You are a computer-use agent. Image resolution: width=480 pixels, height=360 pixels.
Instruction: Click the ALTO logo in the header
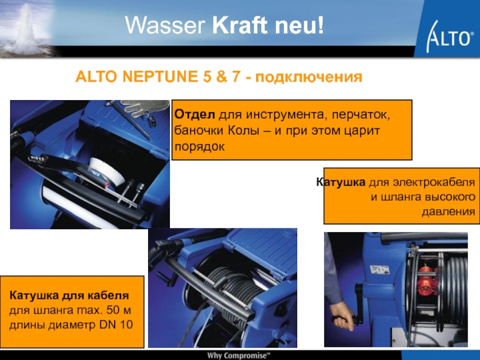coord(448,36)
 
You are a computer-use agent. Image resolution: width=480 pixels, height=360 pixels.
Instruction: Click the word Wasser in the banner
coord(165,25)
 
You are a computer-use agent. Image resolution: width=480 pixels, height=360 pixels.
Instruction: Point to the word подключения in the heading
coord(308,77)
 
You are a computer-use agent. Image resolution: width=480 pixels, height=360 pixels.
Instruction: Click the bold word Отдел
coord(194,115)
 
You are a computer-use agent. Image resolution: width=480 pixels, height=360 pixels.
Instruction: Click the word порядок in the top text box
coord(200,146)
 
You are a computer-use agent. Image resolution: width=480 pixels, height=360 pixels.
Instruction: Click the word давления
coord(448,211)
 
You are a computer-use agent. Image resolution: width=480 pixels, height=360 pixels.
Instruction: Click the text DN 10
coord(116,325)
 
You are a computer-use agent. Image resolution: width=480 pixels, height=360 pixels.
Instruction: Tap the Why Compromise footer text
coord(239,355)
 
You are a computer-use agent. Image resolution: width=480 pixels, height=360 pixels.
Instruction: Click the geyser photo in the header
coord(28,28)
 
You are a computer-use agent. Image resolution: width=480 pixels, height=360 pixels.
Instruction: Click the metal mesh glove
coord(146,108)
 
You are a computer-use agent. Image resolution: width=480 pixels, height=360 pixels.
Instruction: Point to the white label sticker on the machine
coord(380,269)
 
